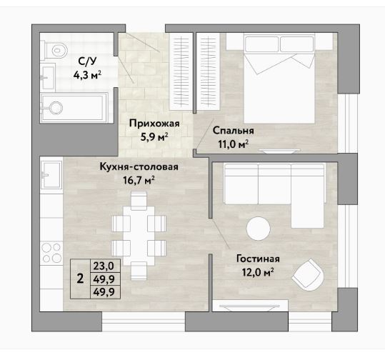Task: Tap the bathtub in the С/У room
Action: tap(74, 108)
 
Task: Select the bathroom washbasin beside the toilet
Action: tap(48, 76)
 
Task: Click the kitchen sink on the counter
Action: tap(51, 175)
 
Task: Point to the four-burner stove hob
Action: tap(51, 252)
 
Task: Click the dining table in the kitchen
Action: tap(139, 236)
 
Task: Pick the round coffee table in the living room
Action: tap(259, 229)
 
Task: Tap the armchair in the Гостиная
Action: tap(309, 274)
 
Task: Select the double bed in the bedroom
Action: tap(279, 78)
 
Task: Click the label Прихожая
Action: tap(154, 124)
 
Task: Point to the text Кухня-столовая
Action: tap(139, 166)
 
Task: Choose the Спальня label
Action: tap(234, 131)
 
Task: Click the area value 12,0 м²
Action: tap(258, 272)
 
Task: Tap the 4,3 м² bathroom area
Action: tap(87, 75)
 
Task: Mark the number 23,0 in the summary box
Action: tap(104, 266)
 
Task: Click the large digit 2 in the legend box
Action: tap(80, 279)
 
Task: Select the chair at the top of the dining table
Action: tap(139, 201)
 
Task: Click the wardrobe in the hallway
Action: tap(181, 71)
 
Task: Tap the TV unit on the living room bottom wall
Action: tap(250, 306)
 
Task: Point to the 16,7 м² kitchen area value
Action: tap(139, 181)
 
